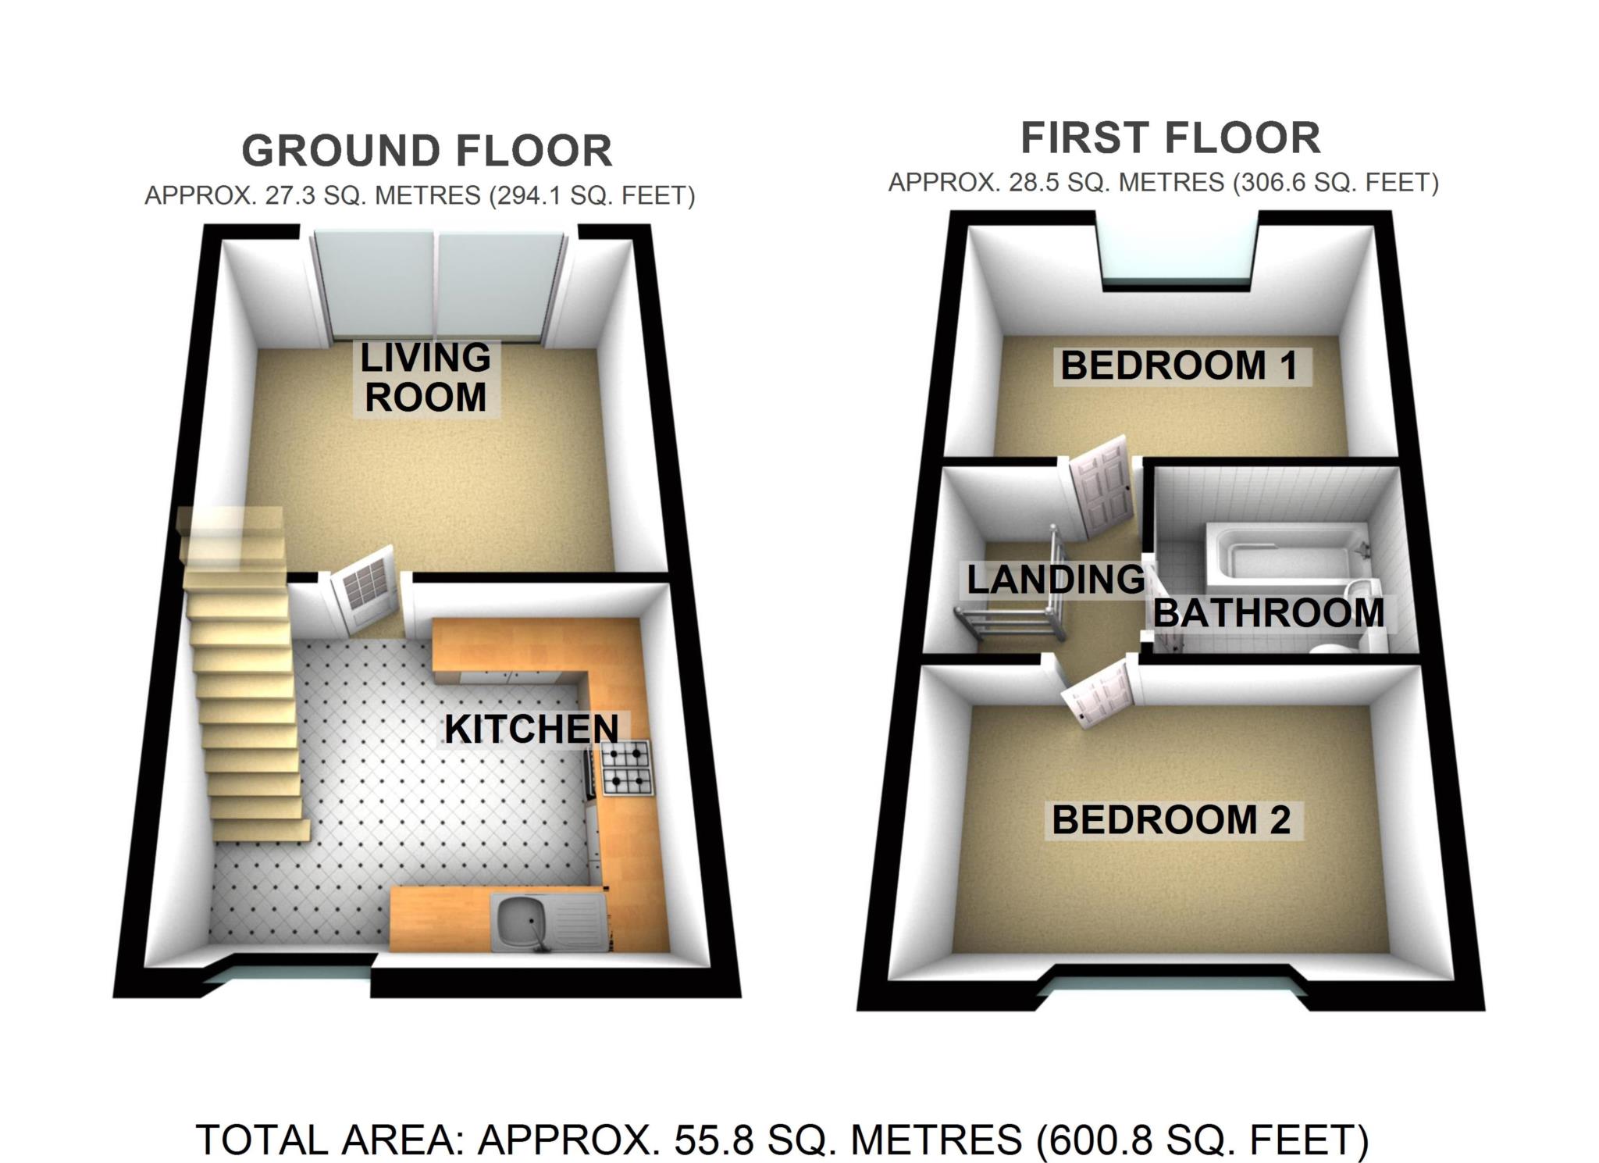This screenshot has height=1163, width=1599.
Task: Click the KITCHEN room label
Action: point(531,730)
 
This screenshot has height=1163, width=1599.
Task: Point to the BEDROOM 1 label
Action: point(1179,366)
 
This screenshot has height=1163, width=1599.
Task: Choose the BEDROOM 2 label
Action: point(1171,820)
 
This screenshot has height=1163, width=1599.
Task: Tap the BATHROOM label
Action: point(1269,613)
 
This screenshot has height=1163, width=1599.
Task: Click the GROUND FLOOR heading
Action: point(426,151)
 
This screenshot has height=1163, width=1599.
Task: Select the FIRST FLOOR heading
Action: point(1170,138)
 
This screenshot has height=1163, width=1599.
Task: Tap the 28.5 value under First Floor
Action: point(1035,183)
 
